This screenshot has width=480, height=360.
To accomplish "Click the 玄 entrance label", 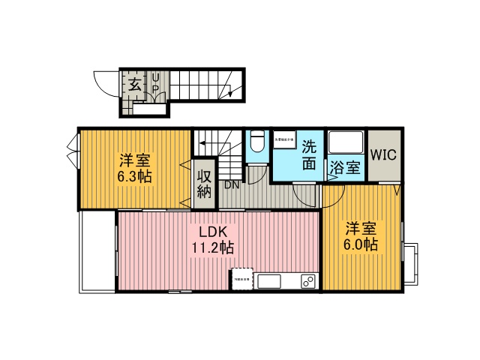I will (134, 84).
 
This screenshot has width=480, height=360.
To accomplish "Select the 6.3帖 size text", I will (135, 178).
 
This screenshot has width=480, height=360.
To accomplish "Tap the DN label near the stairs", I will (232, 184).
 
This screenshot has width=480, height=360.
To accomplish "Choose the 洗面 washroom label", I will (308, 155).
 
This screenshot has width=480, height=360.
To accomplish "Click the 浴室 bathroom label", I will (345, 169).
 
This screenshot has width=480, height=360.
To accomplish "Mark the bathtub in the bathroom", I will (346, 144).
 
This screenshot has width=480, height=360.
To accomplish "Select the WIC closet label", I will (384, 157).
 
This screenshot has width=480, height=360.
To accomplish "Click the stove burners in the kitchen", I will (307, 282).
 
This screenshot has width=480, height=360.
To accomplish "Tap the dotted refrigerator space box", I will (241, 277).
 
